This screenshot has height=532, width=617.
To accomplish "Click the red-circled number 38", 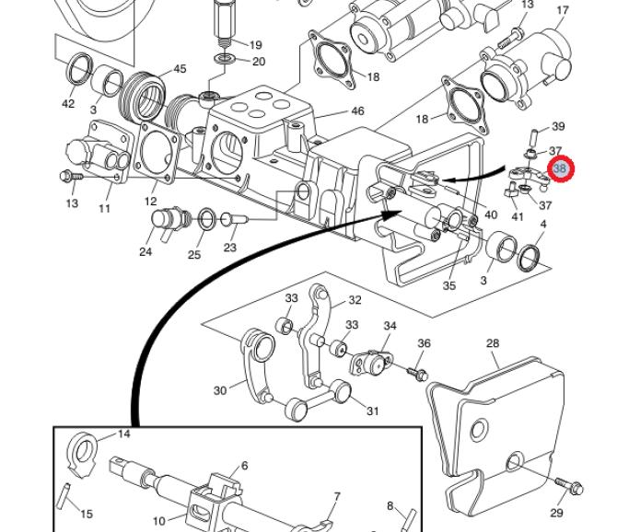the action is (560, 169).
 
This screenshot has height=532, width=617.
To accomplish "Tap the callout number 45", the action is (180, 69).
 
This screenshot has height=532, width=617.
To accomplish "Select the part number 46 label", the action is (357, 111).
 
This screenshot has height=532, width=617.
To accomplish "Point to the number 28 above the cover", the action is (493, 343).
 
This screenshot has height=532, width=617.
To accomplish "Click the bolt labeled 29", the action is (569, 486).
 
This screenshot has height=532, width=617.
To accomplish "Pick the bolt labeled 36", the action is (417, 373).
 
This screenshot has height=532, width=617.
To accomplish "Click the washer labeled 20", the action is (225, 60).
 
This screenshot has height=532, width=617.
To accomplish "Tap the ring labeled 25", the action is (206, 219).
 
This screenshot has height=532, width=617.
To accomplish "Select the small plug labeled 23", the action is (234, 219).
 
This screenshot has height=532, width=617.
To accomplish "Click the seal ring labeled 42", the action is (80, 69).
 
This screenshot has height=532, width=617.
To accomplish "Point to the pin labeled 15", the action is (64, 496).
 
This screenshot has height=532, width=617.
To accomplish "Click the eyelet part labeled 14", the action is (82, 455).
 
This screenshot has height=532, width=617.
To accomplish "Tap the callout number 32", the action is (355, 300).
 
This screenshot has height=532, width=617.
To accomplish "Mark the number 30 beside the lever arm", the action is (220, 390).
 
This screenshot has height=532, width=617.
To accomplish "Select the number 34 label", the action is (390, 326).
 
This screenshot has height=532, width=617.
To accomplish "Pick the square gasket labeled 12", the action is (157, 152).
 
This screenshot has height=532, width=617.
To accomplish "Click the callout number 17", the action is (563, 10).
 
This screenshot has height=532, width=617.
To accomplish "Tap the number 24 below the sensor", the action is (146, 251).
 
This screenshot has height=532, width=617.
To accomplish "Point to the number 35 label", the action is (449, 286).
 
